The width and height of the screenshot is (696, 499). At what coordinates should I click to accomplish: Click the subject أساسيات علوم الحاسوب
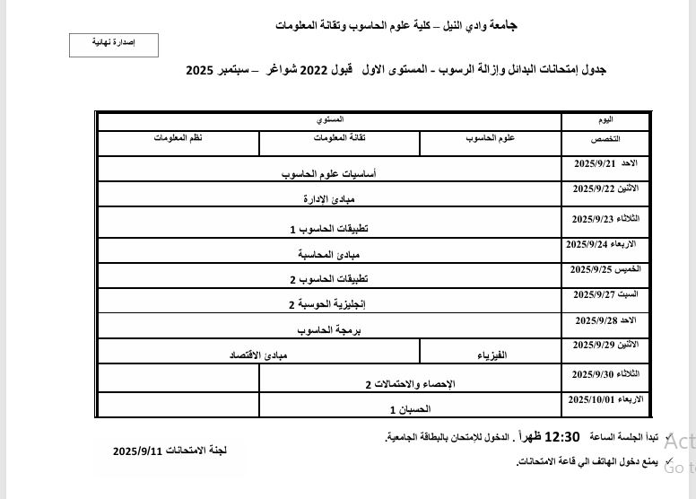point(328,174)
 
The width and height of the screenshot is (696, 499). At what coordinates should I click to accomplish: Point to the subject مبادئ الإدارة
point(329,199)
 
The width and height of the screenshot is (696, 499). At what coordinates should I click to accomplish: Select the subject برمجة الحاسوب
point(329,330)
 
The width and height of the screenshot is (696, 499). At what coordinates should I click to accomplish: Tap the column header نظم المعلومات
point(178,137)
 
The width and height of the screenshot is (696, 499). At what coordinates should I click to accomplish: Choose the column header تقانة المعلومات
point(339,137)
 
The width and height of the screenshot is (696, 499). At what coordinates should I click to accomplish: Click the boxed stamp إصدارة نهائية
point(114,44)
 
